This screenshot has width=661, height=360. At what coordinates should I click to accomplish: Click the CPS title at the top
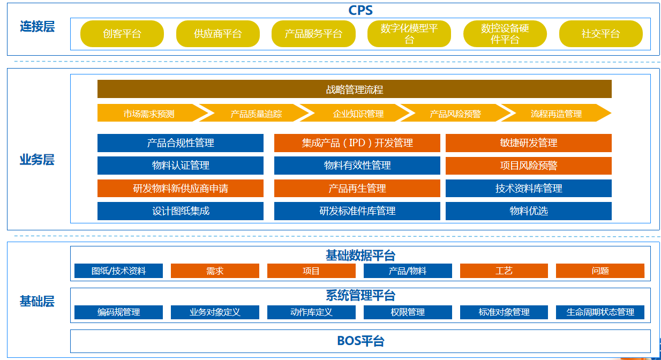(360, 10)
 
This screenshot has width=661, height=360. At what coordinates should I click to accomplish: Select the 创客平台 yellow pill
(122, 34)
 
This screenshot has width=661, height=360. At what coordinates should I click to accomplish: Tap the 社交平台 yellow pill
(601, 34)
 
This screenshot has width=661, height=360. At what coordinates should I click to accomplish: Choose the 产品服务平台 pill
(313, 34)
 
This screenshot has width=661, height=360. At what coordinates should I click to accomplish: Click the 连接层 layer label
(37, 26)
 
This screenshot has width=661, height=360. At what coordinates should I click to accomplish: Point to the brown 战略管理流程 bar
(355, 89)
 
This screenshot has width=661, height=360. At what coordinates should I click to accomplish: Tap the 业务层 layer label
(37, 160)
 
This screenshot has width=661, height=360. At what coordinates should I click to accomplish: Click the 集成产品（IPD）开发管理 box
(357, 143)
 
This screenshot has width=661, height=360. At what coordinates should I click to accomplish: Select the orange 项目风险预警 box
(529, 166)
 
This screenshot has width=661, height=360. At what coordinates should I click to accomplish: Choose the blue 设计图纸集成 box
(181, 211)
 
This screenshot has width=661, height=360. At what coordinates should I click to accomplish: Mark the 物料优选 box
(529, 211)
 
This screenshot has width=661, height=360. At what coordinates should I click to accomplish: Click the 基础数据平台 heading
(360, 255)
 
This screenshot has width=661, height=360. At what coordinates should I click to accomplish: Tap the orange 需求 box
(215, 271)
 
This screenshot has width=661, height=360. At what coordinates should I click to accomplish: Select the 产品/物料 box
(408, 271)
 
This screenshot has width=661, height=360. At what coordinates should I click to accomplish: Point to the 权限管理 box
(408, 312)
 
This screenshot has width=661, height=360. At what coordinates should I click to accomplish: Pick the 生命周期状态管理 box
(600, 312)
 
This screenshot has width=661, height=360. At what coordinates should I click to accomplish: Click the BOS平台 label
(360, 341)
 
